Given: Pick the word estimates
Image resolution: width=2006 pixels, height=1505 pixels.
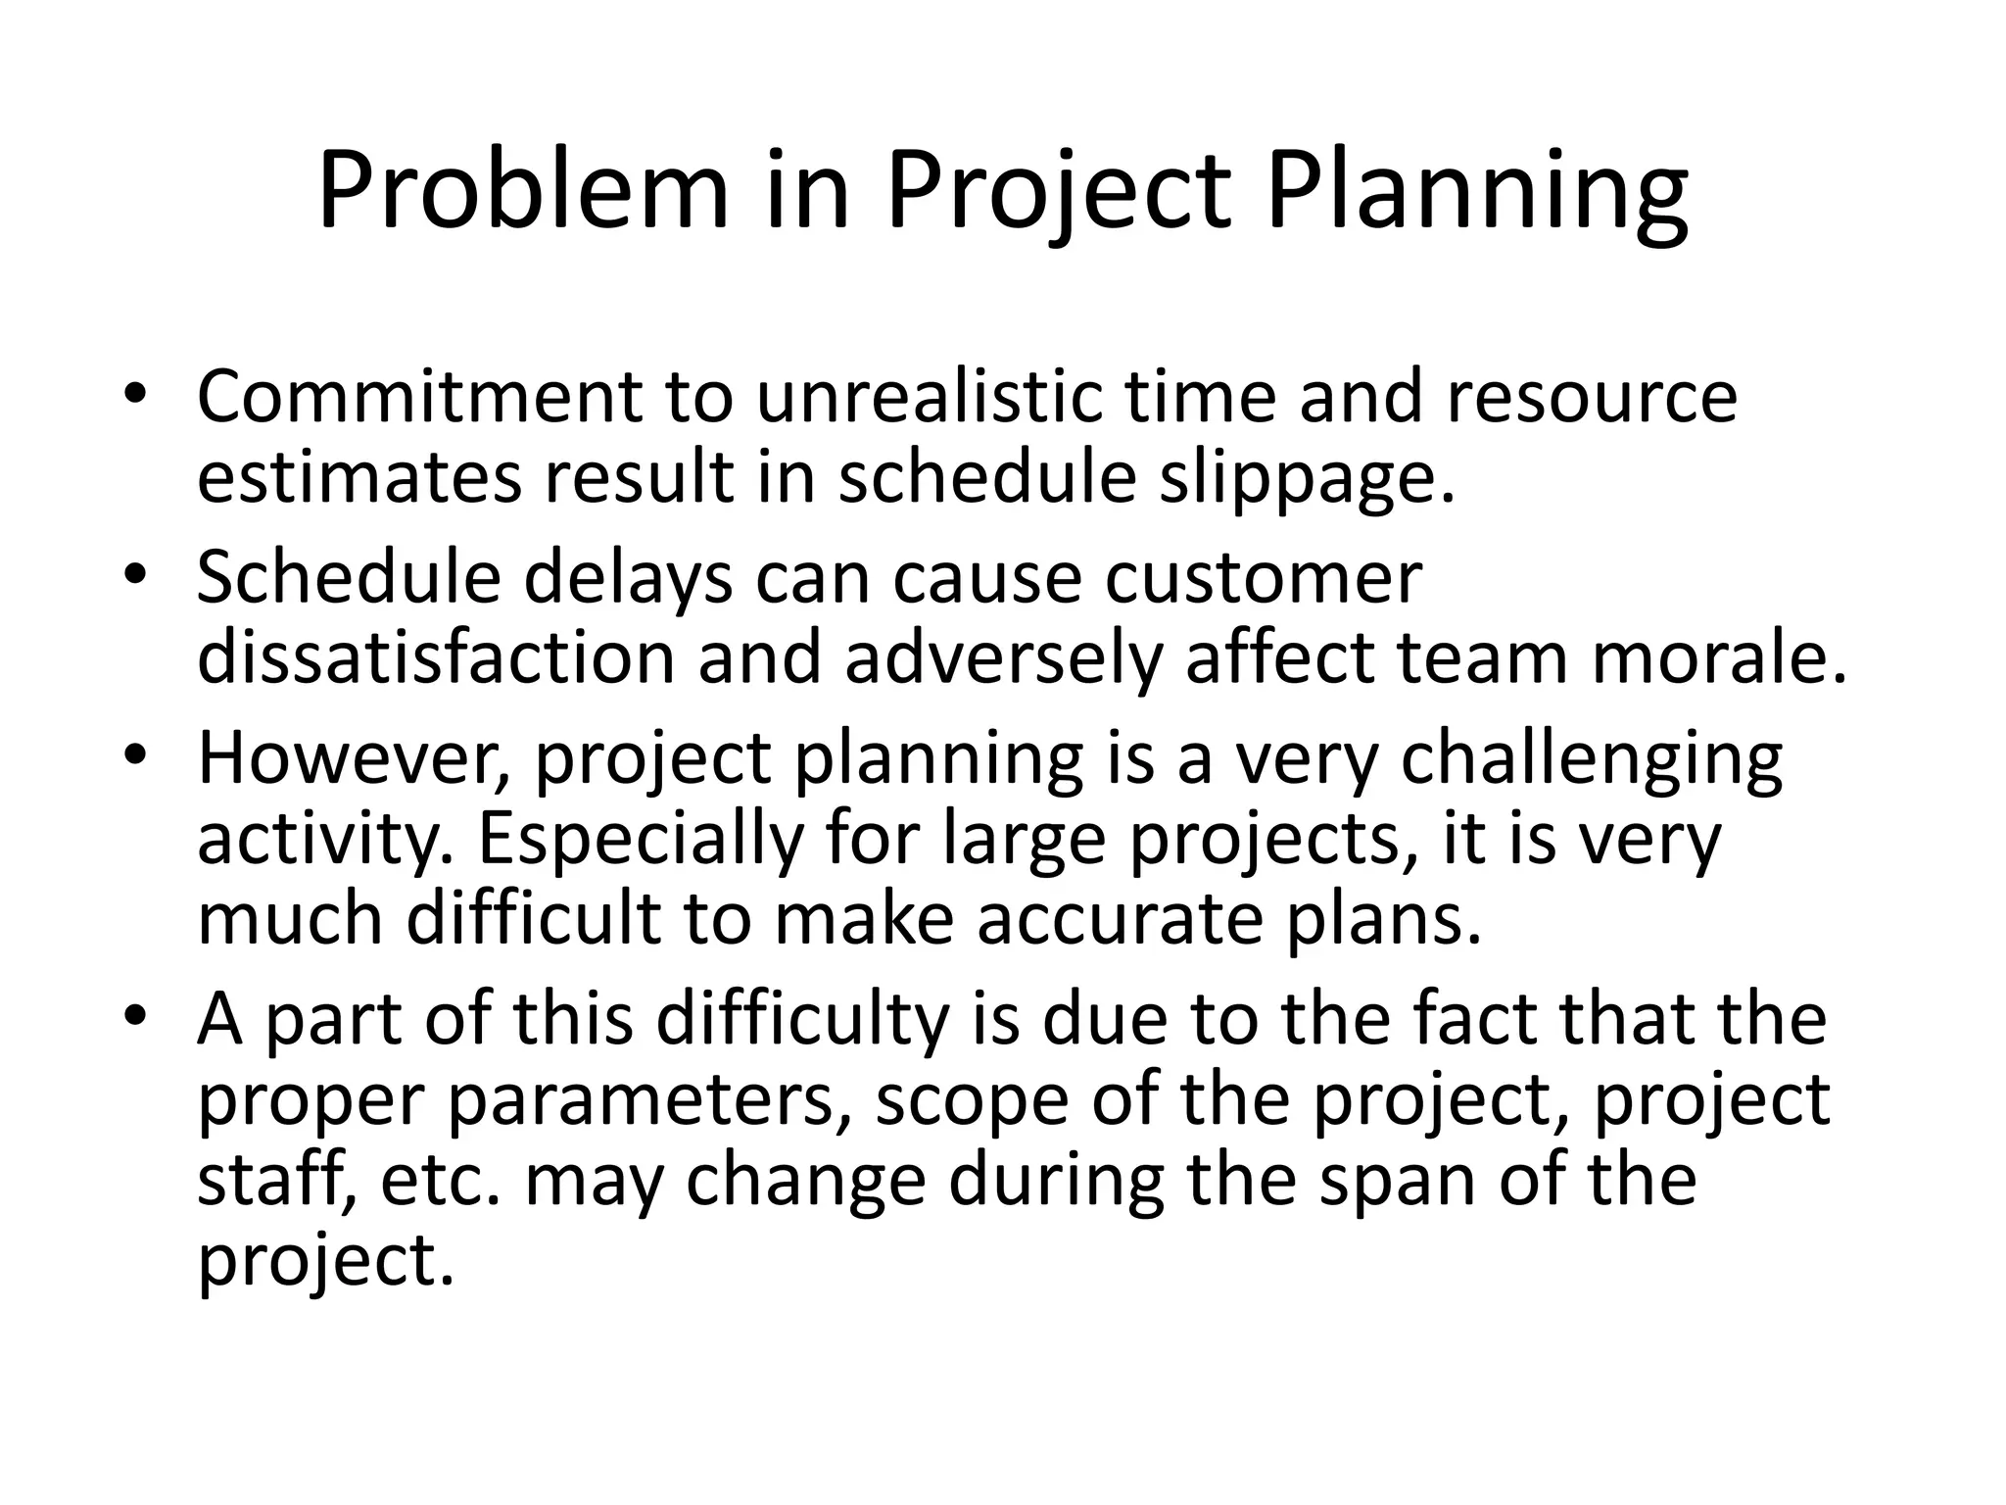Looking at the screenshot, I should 359,478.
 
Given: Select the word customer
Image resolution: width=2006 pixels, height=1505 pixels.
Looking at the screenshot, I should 1263,577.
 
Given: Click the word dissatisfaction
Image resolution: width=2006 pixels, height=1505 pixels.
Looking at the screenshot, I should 436,657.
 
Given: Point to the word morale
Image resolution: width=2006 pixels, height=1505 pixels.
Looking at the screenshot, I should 1719,657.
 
